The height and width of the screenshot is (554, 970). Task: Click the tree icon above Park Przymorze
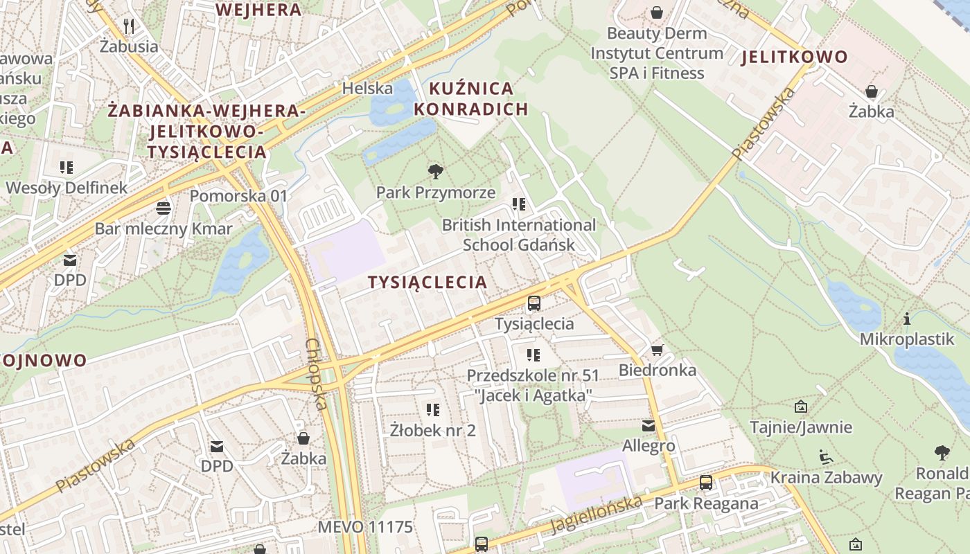tap(436, 171)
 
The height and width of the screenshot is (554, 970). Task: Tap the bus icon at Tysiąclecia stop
tap(533, 303)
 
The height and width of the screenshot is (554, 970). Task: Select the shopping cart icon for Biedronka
tap(657, 350)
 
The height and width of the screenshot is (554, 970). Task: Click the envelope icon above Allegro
tap(649, 425)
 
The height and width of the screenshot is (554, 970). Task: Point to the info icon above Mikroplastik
tap(907, 319)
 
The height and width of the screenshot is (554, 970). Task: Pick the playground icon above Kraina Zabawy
tap(826, 456)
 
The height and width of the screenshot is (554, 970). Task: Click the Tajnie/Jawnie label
tap(801, 427)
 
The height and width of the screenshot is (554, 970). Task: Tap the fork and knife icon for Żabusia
tap(129, 26)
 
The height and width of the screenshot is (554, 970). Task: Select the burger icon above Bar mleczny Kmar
tap(164, 208)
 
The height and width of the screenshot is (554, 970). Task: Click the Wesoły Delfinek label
tap(67, 188)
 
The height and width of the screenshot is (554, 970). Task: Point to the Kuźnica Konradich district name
tap(471, 98)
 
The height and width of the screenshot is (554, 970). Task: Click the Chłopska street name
tap(315, 374)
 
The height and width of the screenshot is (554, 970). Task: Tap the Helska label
tap(367, 88)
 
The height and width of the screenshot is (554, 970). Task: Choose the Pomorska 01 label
tap(238, 196)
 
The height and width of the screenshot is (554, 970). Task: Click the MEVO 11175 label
tap(365, 527)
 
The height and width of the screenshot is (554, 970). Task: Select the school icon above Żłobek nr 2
tap(433, 409)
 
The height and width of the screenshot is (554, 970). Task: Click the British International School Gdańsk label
tap(519, 235)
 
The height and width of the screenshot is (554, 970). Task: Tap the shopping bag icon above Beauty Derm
tap(656, 12)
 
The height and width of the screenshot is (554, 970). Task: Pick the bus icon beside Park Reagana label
tap(705, 483)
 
